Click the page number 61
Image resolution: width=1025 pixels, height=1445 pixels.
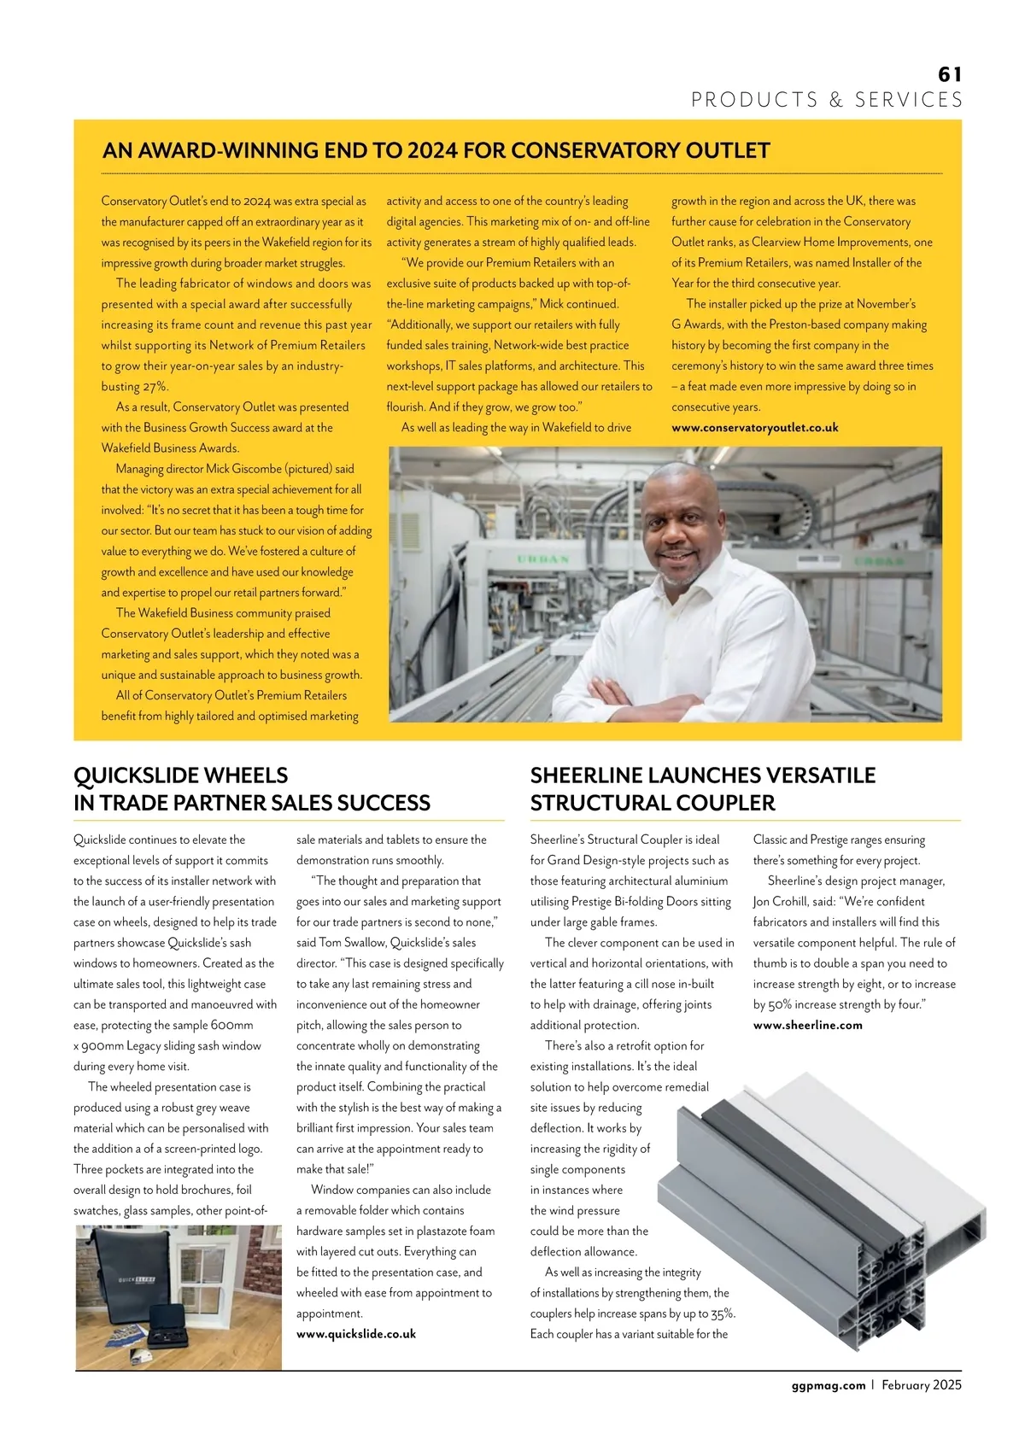pos(949,75)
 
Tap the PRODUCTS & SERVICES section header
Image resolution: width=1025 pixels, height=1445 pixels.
pos(827,100)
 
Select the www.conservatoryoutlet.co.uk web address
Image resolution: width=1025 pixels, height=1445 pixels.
pos(754,428)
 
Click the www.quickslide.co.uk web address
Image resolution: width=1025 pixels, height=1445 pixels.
pos(355,1334)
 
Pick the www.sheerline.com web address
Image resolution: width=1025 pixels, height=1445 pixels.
pos(807,1025)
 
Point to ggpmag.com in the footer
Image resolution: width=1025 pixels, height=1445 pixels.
pos(828,1385)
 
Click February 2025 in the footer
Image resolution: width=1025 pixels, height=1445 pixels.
pos(922,1385)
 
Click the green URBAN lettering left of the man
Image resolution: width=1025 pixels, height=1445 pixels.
pos(543,559)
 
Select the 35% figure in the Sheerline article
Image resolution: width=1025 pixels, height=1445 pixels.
pos(720,1313)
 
